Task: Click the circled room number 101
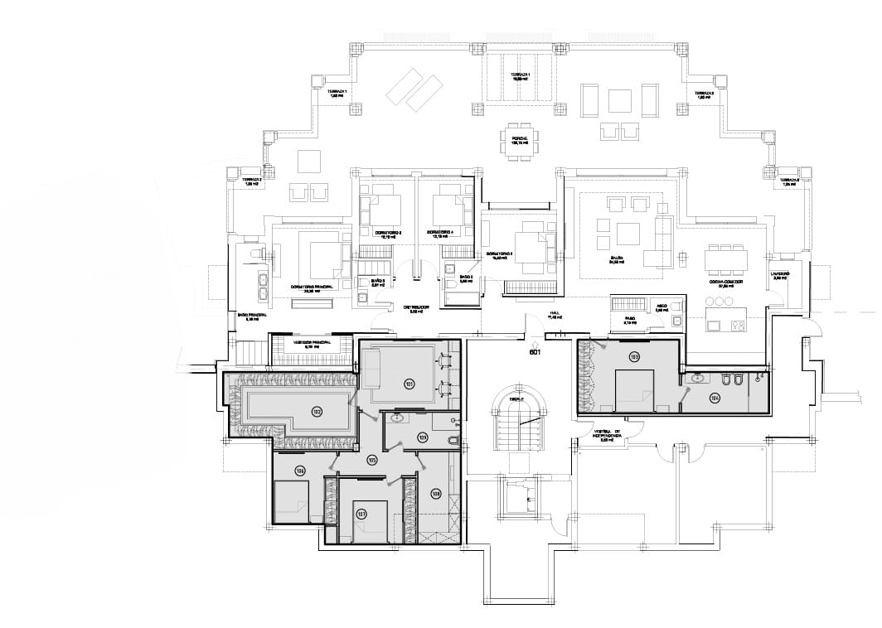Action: tap(409, 384)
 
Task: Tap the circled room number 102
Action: tap(317, 412)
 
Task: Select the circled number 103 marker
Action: tap(634, 357)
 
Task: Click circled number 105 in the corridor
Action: tap(372, 459)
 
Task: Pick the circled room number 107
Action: tap(361, 514)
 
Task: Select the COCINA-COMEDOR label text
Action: tap(725, 283)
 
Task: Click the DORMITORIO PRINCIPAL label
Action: tap(311, 287)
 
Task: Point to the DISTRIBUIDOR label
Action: tap(416, 307)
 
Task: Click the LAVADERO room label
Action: tap(780, 274)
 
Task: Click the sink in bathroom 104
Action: tap(698, 378)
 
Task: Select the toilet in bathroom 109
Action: tap(451, 441)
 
